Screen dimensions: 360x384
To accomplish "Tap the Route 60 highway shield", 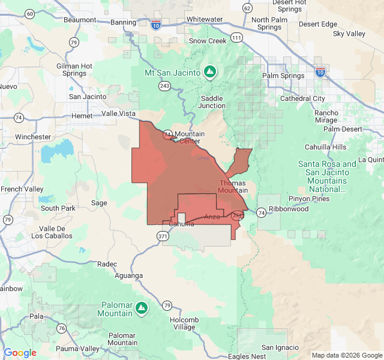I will pyautogui.click(x=29, y=13).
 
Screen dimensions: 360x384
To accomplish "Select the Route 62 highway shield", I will pyautogui.click(x=247, y=8).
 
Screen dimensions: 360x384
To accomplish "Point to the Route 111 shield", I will pyautogui.click(x=238, y=37).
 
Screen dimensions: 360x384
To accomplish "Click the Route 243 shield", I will pyautogui.click(x=165, y=86).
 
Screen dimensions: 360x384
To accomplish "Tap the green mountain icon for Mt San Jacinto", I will pyautogui.click(x=209, y=73).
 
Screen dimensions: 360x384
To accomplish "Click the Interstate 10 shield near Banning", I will pyautogui.click(x=156, y=25).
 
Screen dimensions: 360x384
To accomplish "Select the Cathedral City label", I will pyautogui.click(x=302, y=98).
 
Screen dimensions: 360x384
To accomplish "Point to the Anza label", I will pyautogui.click(x=212, y=217).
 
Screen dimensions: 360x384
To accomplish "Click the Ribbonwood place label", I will pyautogui.click(x=289, y=209).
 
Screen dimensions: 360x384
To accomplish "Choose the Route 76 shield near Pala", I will pyautogui.click(x=62, y=328).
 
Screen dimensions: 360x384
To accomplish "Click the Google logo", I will pyautogui.click(x=20, y=353).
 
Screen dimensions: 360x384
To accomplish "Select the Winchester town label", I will pyautogui.click(x=33, y=137).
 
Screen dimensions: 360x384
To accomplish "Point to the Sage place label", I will pyautogui.click(x=99, y=203).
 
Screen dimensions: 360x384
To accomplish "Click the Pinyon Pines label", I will pyautogui.click(x=309, y=199).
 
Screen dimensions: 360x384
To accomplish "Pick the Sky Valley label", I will pyautogui.click(x=349, y=34).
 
